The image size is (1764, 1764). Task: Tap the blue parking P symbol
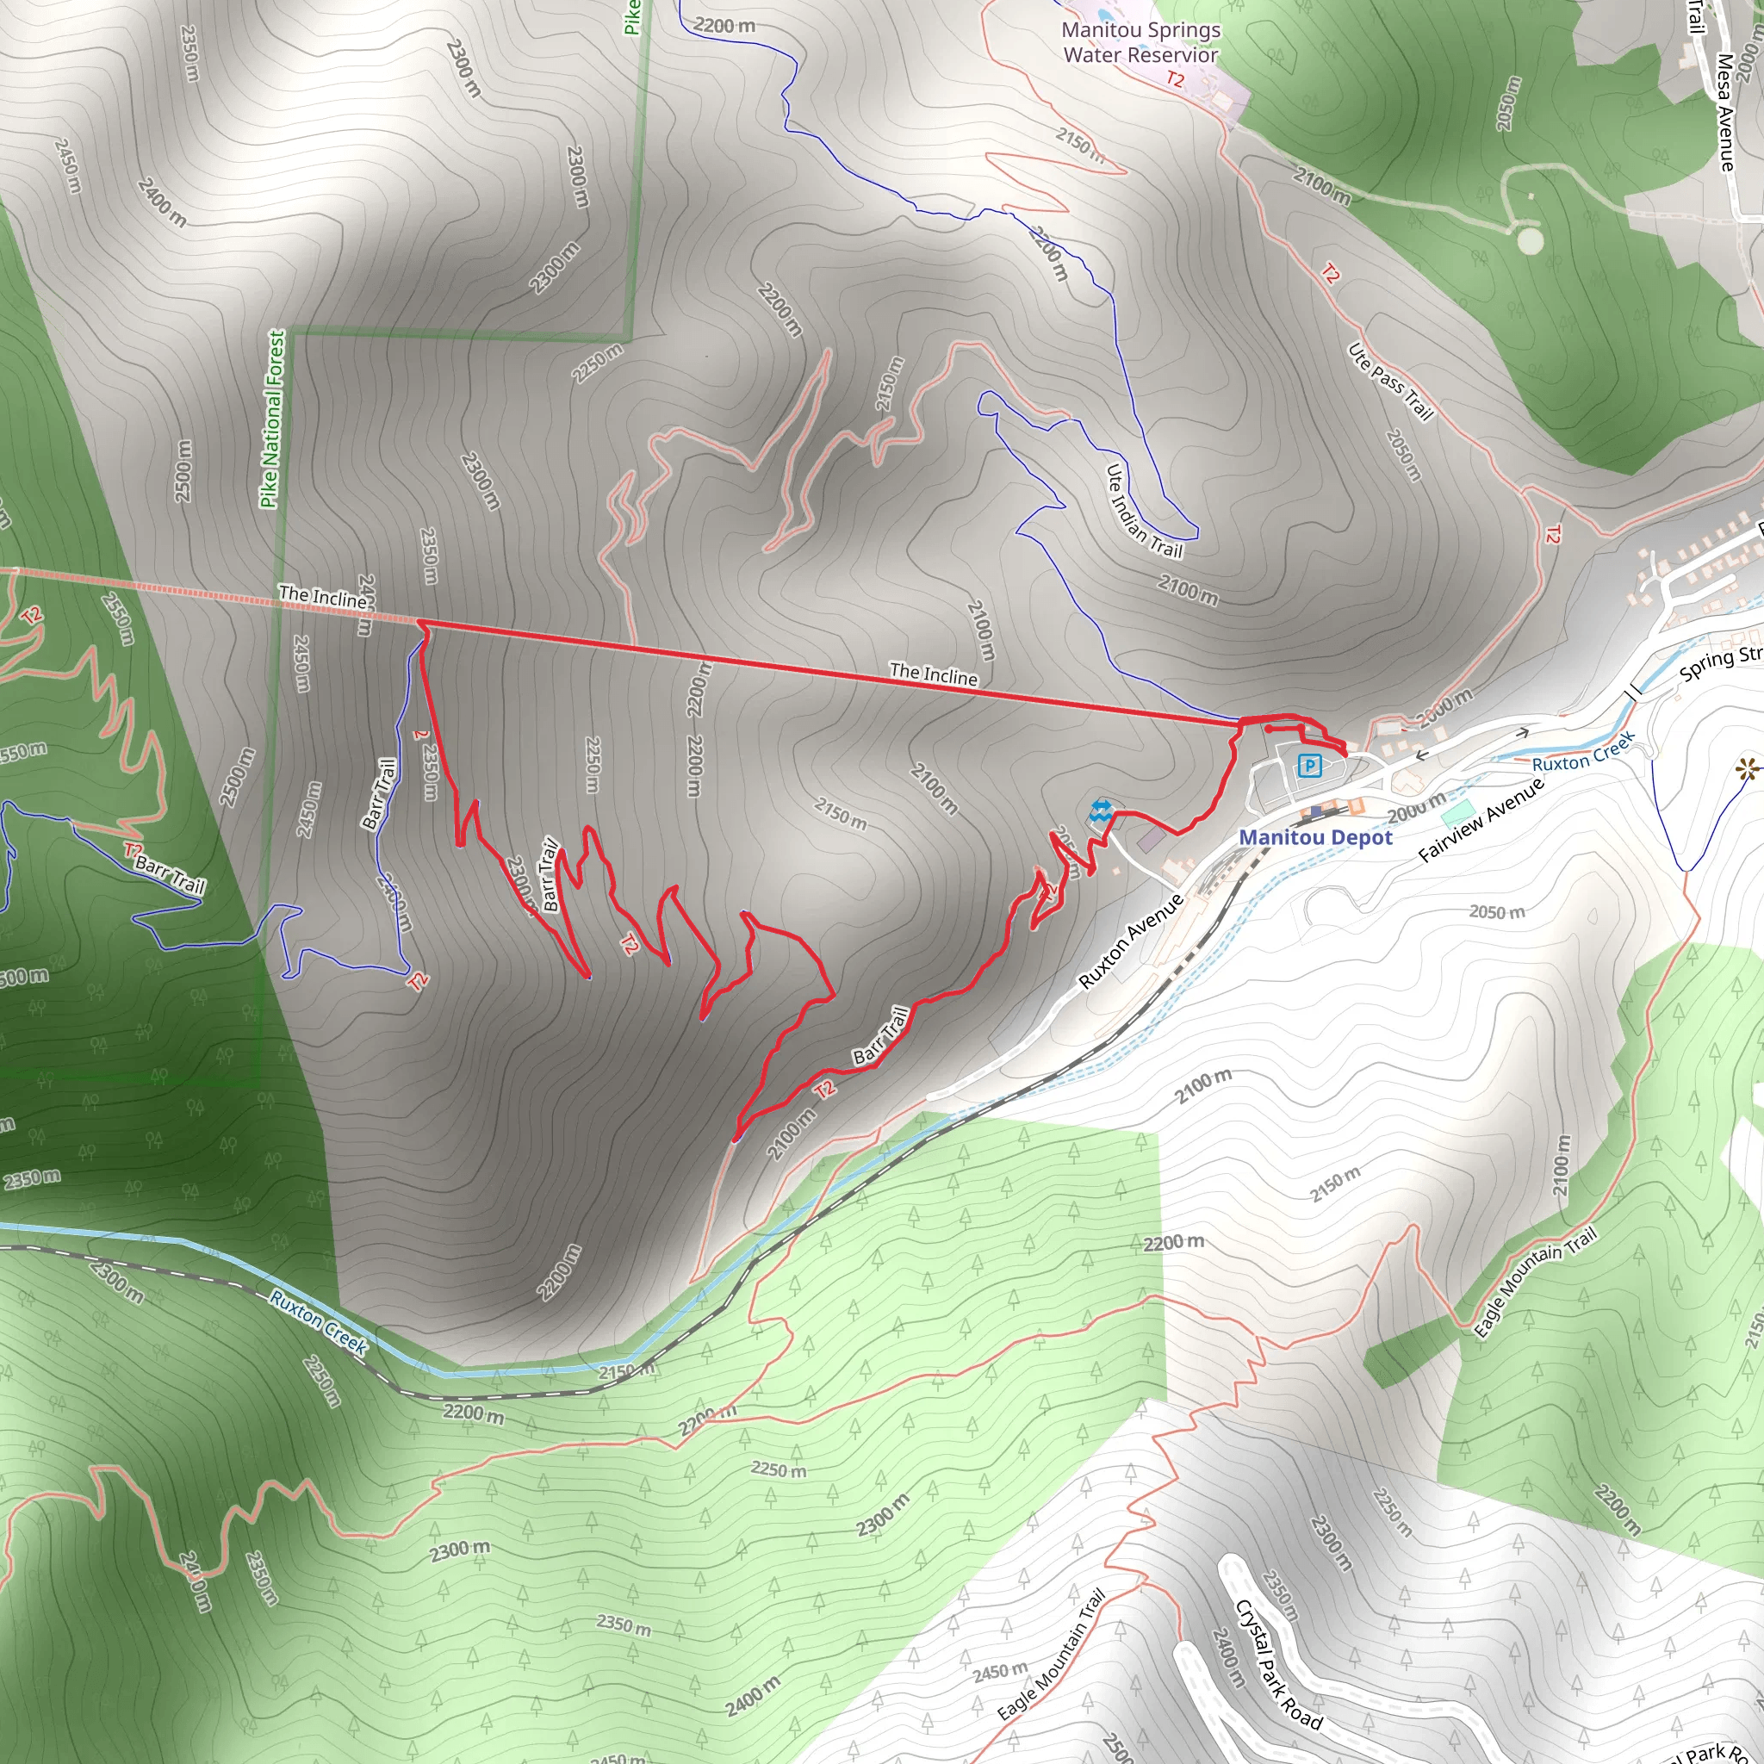[1309, 765]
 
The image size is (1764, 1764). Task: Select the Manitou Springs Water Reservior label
[1140, 42]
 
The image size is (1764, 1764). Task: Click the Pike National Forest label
[272, 418]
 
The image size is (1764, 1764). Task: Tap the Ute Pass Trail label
[1390, 382]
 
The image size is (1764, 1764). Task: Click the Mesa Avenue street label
[1724, 112]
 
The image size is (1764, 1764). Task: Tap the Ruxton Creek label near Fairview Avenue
[1583, 752]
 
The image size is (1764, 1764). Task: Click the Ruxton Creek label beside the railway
[319, 1322]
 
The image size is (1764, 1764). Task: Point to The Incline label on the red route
[933, 674]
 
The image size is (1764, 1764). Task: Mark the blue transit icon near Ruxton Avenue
[1100, 811]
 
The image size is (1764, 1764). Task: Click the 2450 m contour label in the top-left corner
[67, 165]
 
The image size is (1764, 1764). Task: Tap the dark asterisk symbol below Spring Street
[1747, 770]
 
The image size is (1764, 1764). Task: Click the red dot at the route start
[1268, 730]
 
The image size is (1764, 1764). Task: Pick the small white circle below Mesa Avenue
[1531, 241]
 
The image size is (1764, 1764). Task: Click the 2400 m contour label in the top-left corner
[162, 202]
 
